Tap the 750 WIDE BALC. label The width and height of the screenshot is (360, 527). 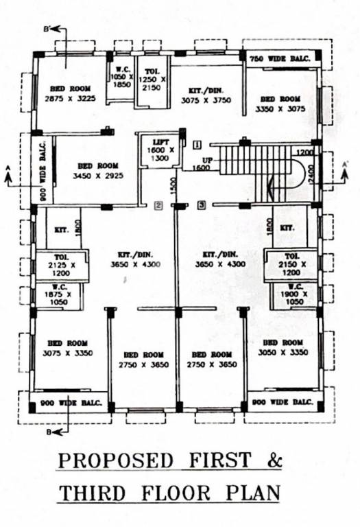coord(280,59)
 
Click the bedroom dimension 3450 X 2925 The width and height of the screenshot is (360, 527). coord(97,176)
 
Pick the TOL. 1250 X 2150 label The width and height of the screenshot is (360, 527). coord(152,80)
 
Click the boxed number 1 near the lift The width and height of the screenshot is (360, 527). coord(197,145)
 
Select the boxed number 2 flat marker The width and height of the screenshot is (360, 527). coord(158,204)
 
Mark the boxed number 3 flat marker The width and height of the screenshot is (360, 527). coord(201,204)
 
